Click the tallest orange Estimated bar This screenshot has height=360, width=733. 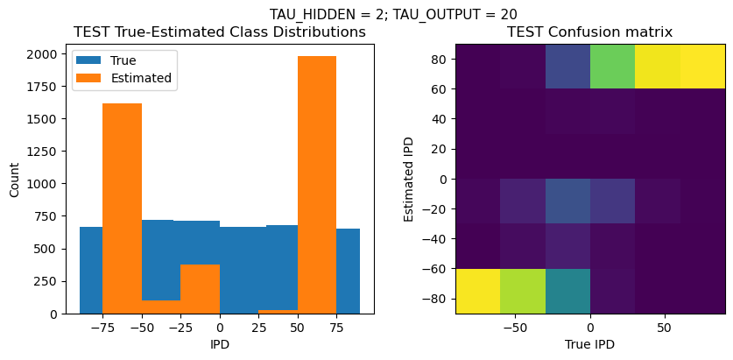317,184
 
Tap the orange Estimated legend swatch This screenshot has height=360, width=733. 91,78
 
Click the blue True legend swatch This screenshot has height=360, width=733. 91,60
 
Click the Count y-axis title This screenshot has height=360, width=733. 13,179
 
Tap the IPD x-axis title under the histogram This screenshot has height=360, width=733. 220,344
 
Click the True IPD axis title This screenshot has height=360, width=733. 590,344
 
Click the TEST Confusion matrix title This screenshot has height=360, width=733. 590,32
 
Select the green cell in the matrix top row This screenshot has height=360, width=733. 613,66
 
